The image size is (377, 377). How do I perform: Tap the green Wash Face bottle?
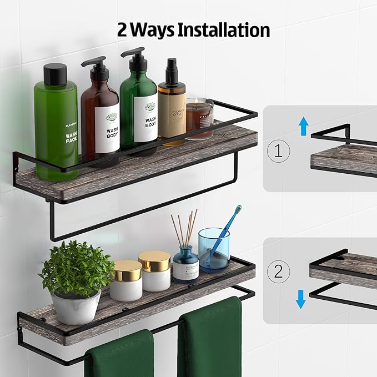pos(56,128)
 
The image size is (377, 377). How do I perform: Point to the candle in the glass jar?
pos(199,117)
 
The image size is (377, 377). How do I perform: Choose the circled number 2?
pos(279,272)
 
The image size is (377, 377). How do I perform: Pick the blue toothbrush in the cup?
pos(225,233)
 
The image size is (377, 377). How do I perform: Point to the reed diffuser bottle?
pos(185,264)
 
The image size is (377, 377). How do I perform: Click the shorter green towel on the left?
pos(119,355)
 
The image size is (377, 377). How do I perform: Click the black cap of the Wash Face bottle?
pos(56,74)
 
